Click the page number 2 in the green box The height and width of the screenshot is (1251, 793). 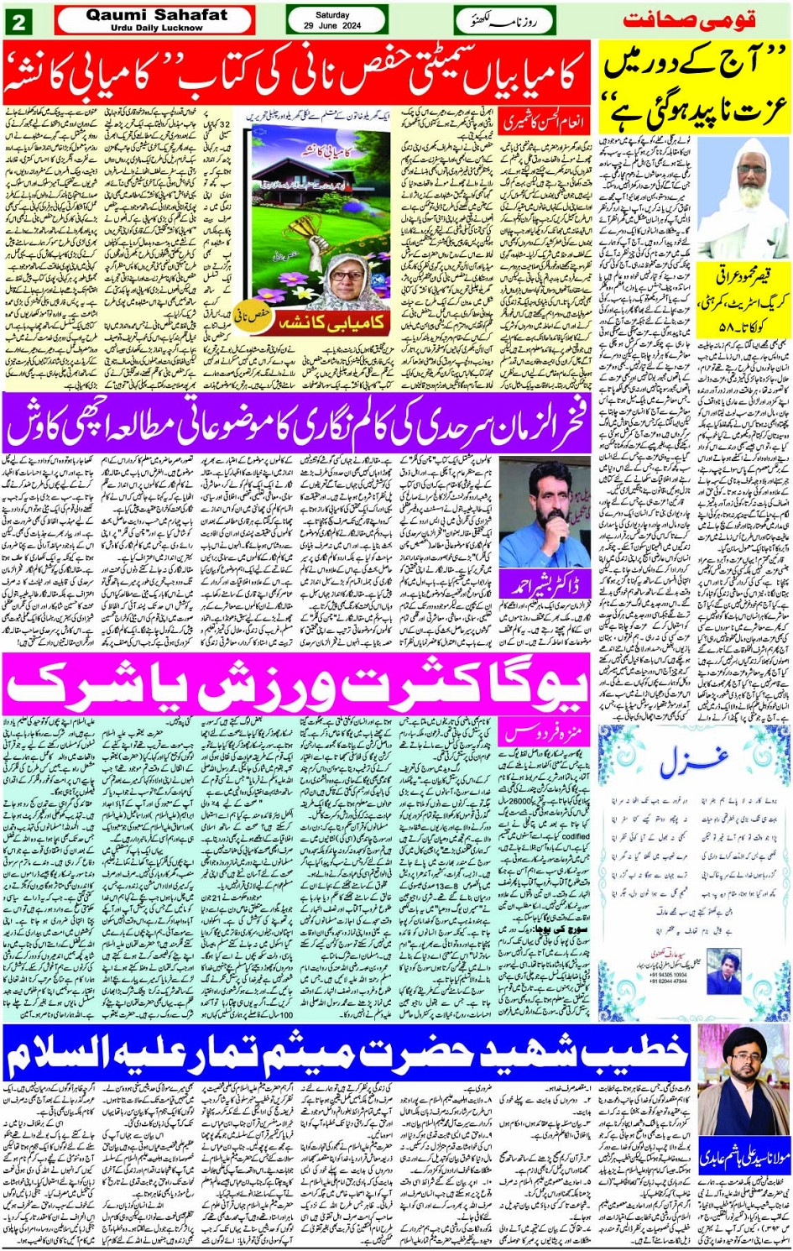pyautogui.click(x=18, y=21)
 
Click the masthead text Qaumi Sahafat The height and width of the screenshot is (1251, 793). pyautogui.click(x=156, y=15)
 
